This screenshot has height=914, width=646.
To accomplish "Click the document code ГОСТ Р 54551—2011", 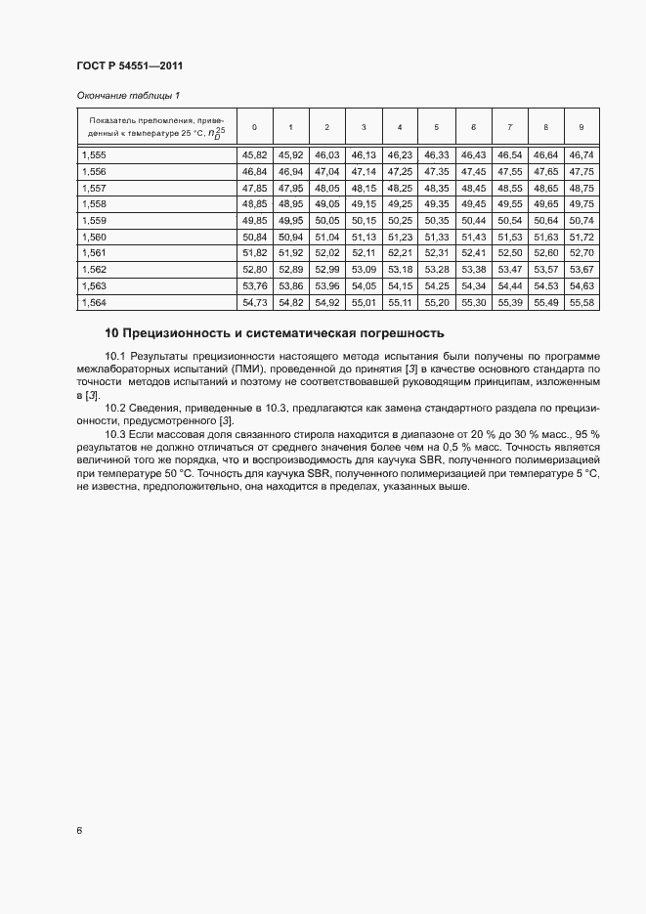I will coord(130,66).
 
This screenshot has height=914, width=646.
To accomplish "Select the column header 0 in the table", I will coord(254,127).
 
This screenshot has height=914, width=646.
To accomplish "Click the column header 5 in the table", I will coord(436,127).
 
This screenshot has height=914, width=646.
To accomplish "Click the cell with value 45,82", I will coord(254,155).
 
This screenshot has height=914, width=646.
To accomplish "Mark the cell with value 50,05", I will coord(326,221).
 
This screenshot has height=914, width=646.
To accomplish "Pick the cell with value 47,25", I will coord(400,172).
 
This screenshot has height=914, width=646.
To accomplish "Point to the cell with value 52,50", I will coord(509,254).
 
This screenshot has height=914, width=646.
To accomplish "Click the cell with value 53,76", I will coord(254,286).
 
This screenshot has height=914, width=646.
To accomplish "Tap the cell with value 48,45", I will coord(473,189).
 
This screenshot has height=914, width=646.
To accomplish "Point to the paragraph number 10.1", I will coord(115,356).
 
